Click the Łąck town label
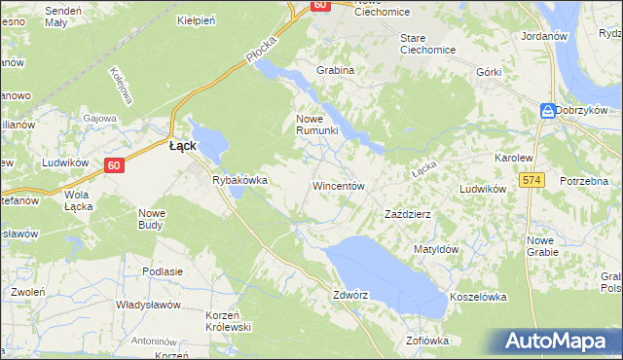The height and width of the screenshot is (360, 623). (x=182, y=145)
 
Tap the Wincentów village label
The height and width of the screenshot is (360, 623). (x=338, y=185)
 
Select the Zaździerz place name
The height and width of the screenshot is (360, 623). (x=408, y=213)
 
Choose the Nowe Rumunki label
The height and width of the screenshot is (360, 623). (x=316, y=125)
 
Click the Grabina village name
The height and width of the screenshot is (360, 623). (x=335, y=70)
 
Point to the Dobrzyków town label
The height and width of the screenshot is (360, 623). (x=588, y=110)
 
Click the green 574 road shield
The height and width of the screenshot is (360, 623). (x=531, y=180)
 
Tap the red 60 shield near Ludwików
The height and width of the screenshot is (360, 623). (x=114, y=165)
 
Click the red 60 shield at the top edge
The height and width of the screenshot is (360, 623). (x=320, y=6)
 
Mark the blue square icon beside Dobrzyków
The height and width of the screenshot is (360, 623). (x=549, y=110)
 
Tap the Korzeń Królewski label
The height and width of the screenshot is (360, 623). (x=229, y=321)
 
